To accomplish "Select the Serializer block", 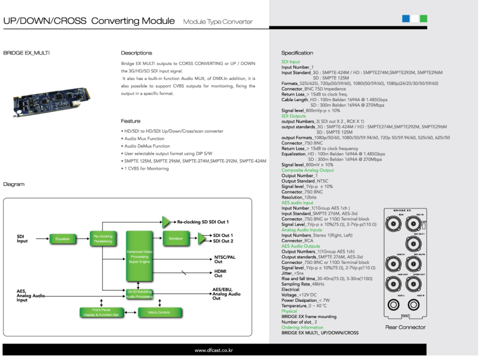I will click(176, 238).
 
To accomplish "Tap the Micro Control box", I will click(159, 312).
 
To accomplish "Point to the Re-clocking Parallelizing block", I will click(103, 238).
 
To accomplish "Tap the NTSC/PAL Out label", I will click(225, 259).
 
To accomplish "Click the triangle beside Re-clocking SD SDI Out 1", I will click(166, 222).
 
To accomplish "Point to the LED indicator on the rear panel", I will click(423, 227).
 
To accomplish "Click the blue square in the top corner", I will click(406, 18).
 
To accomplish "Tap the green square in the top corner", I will click(424, 18).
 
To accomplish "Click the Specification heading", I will click(297, 53).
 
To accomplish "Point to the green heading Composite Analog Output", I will click(307, 170).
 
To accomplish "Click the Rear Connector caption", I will click(405, 327).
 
